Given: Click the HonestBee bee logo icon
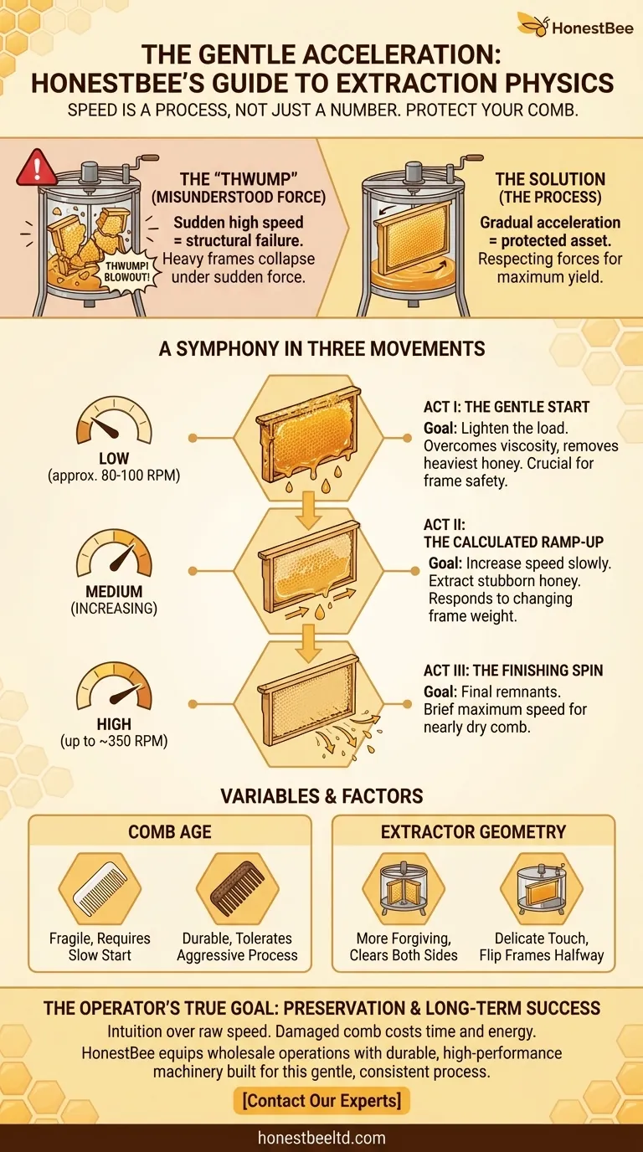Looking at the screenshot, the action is [533, 24].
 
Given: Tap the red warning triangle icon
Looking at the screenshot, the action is [37, 169].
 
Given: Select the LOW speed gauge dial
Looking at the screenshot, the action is [114, 420].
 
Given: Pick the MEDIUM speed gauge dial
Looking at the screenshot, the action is [114, 554].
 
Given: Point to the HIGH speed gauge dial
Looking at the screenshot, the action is [114, 687].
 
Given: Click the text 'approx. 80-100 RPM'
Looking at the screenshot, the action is [114, 476].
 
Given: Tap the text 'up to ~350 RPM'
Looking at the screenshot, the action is [114, 741].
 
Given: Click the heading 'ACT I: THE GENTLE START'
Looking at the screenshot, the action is [507, 407].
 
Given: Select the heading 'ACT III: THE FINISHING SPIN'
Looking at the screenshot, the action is [513, 670].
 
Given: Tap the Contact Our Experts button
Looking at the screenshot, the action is [321, 1100].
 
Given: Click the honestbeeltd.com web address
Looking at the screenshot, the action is [321, 1138].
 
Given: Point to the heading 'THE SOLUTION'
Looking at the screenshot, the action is [550, 179].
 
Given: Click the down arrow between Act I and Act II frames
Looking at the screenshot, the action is [309, 510].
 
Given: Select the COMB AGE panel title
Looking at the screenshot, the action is [170, 831].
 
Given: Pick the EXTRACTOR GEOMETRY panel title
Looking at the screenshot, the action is [473, 831].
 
